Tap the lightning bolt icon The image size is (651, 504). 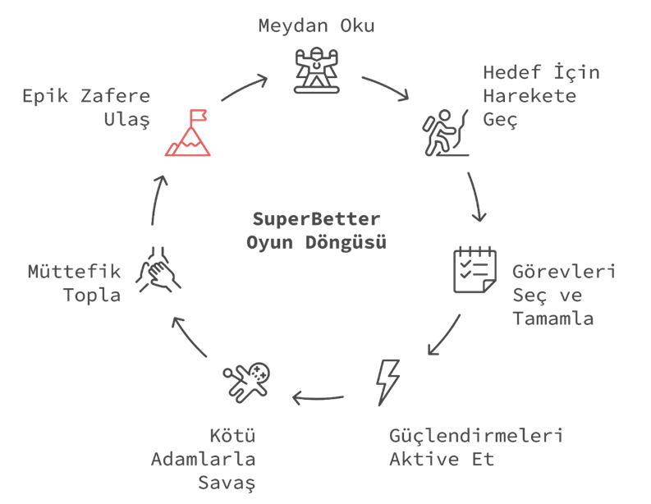[x=387, y=382]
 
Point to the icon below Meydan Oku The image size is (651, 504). [x=316, y=69]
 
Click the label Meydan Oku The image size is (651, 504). [x=316, y=25]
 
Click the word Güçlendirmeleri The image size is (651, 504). [x=475, y=435]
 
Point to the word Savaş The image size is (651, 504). [x=227, y=483]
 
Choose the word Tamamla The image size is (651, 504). [x=552, y=318]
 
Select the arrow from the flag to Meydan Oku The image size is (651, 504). [x=245, y=88]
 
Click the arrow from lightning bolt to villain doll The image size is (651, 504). [x=318, y=399]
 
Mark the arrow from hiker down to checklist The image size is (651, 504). [x=476, y=197]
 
